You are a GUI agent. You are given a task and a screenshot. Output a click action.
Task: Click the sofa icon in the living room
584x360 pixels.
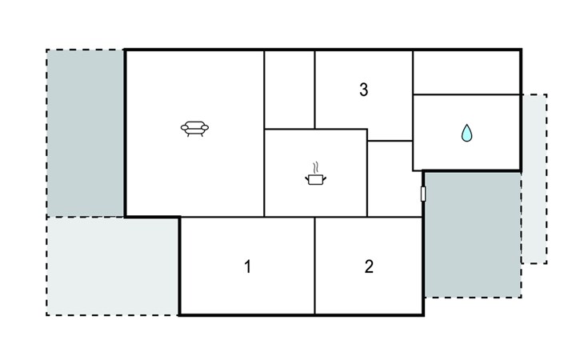pos(194,129)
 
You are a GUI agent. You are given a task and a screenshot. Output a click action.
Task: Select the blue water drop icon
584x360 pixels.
pos(466,133)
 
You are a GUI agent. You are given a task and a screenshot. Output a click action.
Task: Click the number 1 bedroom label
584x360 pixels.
pos(247,266)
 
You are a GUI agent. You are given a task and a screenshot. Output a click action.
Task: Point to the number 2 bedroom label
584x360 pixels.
pos(369,266)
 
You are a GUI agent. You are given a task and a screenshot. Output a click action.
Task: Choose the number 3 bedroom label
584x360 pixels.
pos(363,90)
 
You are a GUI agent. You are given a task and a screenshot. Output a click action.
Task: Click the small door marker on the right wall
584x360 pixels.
pos(423,194)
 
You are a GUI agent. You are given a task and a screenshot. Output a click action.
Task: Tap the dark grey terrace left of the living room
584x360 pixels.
pos(86,133)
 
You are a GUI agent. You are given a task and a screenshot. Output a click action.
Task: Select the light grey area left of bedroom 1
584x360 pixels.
pos(113,266)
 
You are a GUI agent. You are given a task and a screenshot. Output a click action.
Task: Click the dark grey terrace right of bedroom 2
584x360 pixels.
pos(473,234)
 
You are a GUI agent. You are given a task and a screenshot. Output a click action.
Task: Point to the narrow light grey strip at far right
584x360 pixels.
pos(534,179)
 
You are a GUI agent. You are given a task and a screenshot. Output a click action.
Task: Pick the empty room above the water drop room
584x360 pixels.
pos(466,72)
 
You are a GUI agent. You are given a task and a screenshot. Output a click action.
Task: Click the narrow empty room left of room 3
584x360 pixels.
pos(290,90)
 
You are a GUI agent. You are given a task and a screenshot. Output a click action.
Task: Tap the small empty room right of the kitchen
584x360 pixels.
pos(394,178)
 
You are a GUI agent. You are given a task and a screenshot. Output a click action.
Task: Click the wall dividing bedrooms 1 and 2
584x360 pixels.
pos(314,266)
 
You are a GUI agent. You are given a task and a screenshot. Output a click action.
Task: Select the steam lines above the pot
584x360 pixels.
pos(316,168)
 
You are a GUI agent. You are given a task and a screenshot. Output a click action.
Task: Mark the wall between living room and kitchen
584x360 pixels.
pos(264,173)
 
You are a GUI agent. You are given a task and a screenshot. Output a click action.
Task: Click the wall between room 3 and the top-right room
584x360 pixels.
pos(413,95)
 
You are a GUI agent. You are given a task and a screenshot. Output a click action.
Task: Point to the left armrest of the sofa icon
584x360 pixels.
pos(185,128)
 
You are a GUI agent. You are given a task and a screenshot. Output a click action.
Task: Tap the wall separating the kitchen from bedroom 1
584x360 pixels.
pos(290,217)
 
